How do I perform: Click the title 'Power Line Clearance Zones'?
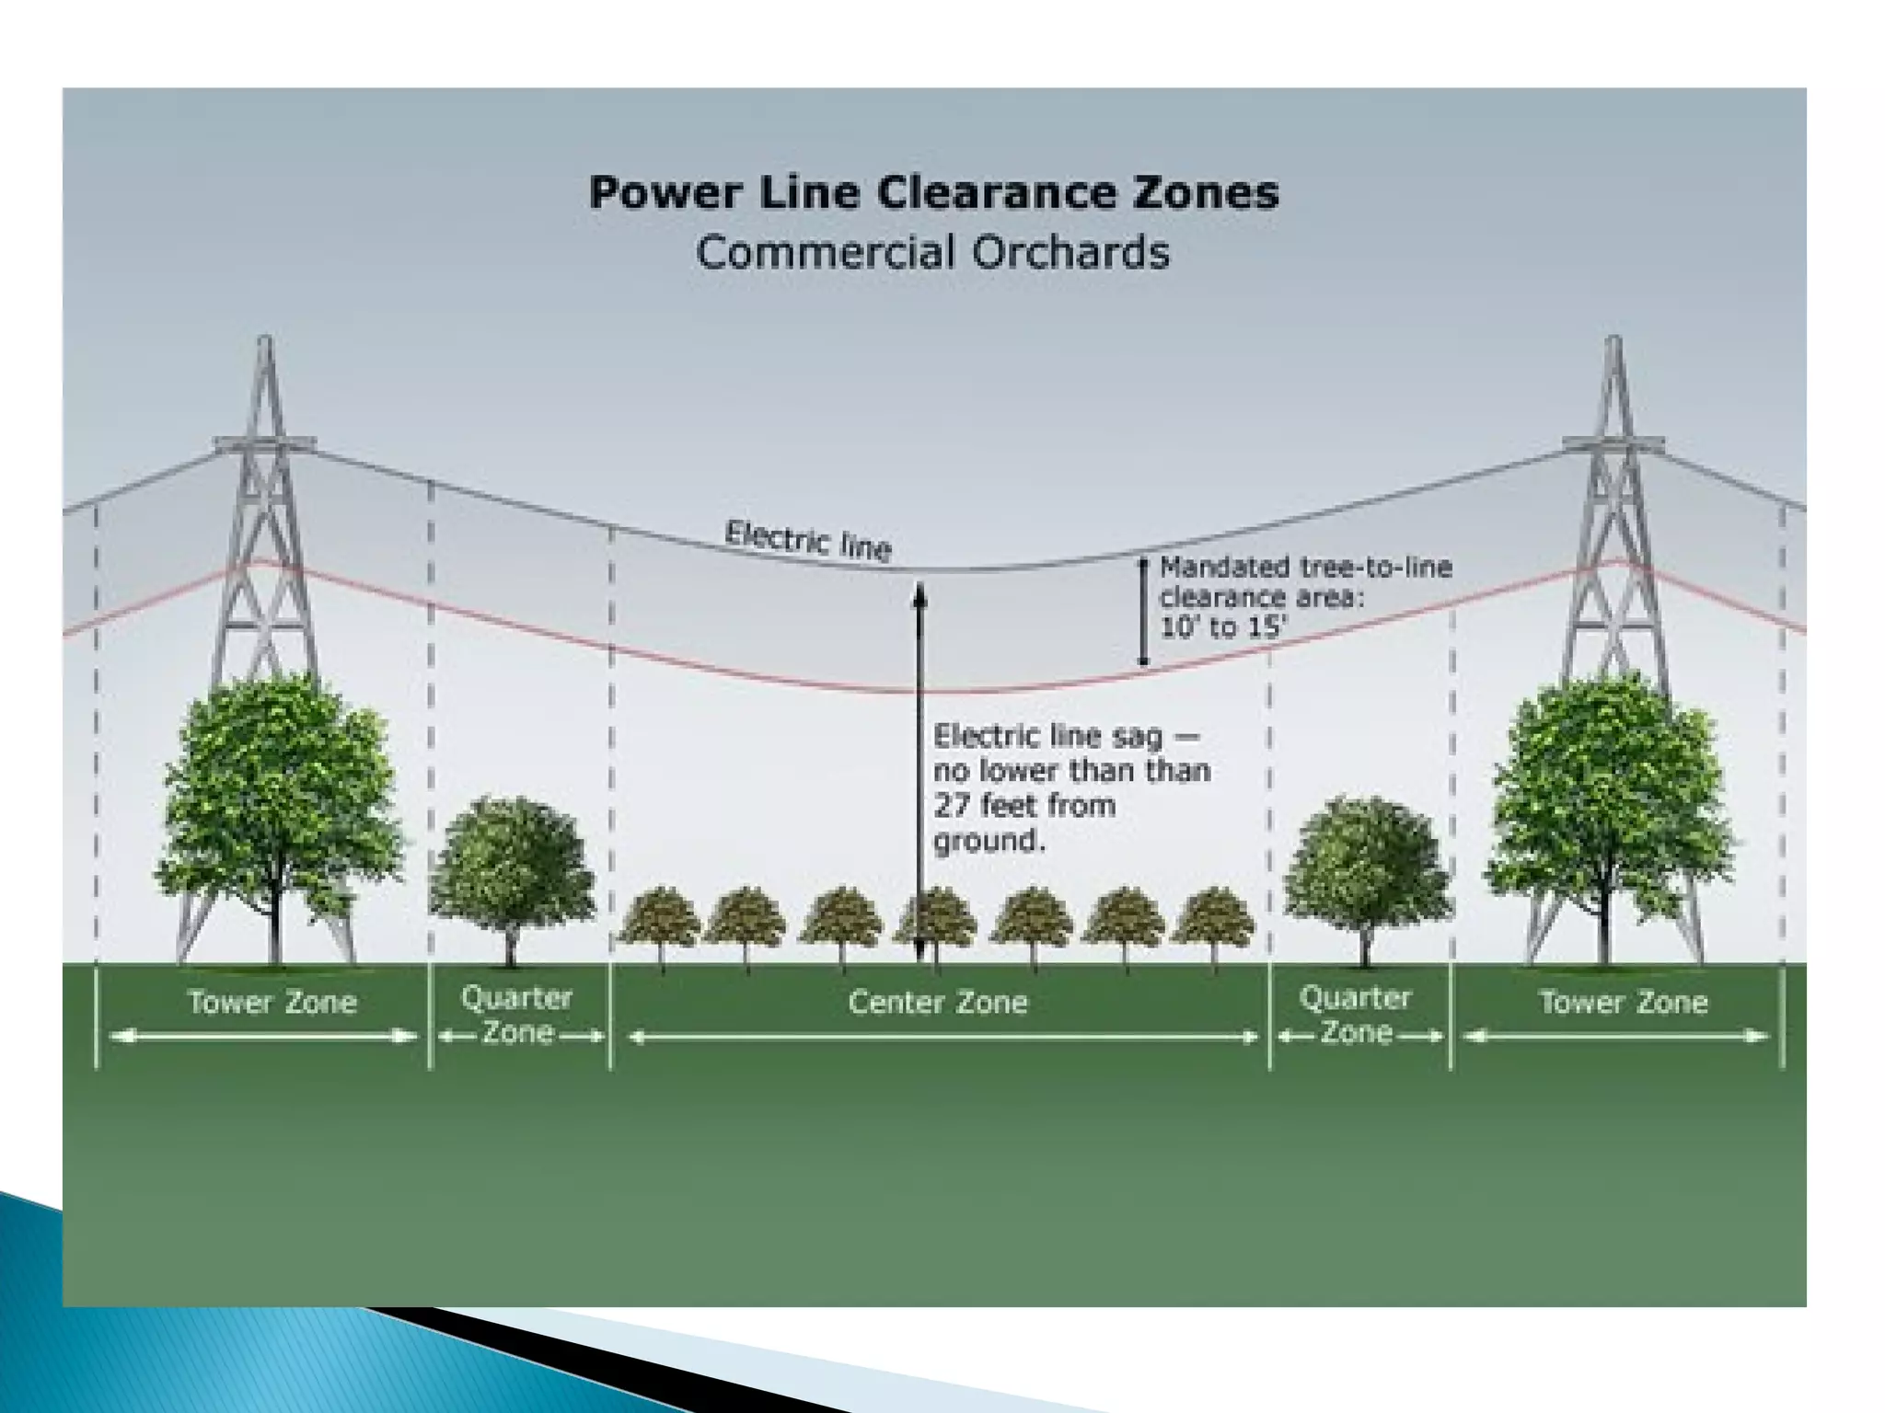pos(933,193)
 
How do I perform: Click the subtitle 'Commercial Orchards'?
pos(931,252)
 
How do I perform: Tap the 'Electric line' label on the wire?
pos(808,540)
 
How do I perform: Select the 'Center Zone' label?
pos(937,1002)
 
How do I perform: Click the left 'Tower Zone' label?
pos(272,1002)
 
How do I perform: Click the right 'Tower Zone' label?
pos(1624,1002)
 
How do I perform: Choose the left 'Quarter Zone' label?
pos(517,1015)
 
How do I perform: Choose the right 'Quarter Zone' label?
pos(1355,1015)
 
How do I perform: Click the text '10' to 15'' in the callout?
pos(1222,628)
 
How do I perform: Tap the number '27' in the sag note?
pos(952,806)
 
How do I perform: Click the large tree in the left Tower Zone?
pos(278,791)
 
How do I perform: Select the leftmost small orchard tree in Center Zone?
pos(659,918)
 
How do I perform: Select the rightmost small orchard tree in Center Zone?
pos(1213,918)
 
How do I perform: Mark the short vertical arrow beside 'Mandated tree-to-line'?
pos(1143,611)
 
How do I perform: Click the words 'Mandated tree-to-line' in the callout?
pos(1305,568)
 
